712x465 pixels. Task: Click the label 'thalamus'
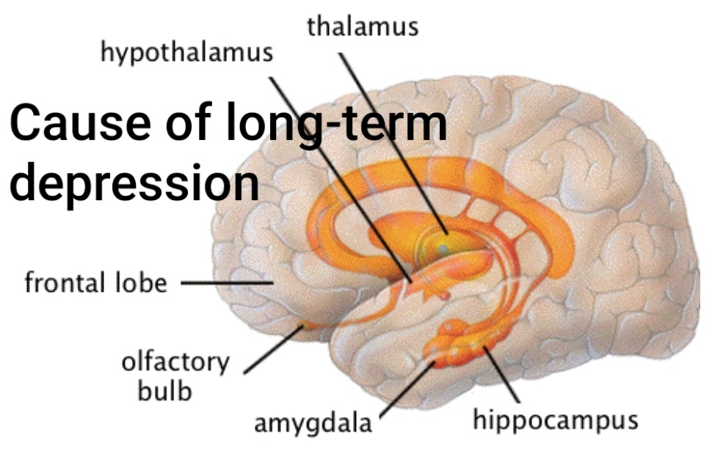[363, 26]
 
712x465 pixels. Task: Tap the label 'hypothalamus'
[186, 53]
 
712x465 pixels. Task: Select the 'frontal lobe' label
[95, 282]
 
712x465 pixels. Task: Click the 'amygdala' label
[313, 423]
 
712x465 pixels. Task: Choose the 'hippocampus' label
[555, 421]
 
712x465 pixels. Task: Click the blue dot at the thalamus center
[443, 250]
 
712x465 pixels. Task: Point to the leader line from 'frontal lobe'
[224, 282]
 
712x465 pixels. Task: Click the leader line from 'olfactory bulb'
[273, 351]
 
